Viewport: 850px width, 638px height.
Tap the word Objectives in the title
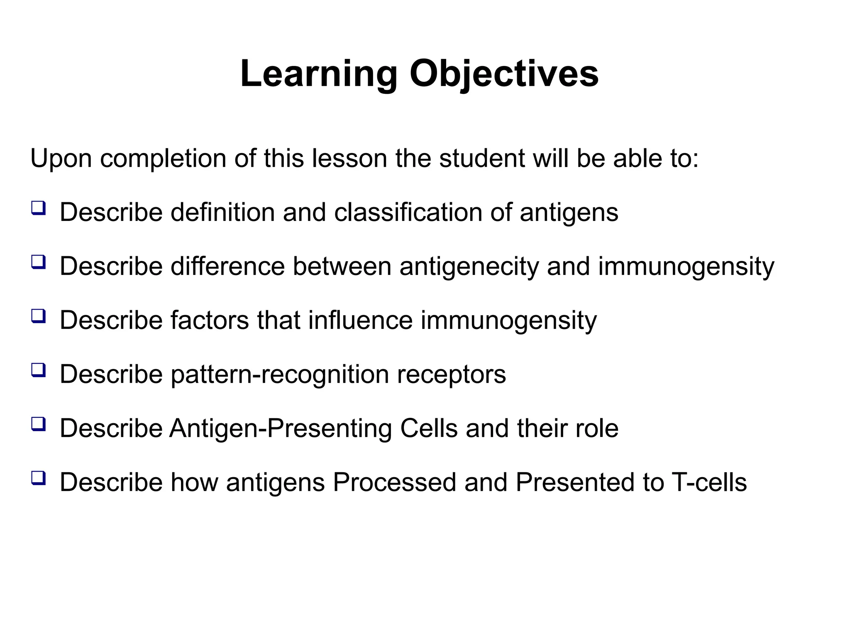[x=504, y=74]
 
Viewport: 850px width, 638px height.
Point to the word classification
[x=408, y=212]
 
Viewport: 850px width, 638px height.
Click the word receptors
[x=451, y=374]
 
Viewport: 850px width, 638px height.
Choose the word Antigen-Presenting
[x=281, y=428]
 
